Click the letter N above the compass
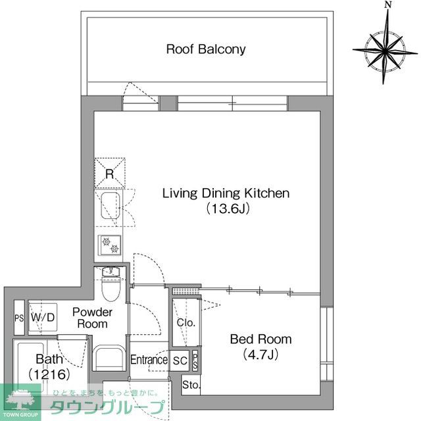(388, 6)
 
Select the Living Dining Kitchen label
(226, 193)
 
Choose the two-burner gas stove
(109, 245)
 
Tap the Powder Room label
(92, 318)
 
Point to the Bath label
(49, 359)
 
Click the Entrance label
(149, 360)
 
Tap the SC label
(180, 360)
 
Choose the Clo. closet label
(186, 323)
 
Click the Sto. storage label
(191, 385)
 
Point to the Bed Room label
(260, 339)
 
